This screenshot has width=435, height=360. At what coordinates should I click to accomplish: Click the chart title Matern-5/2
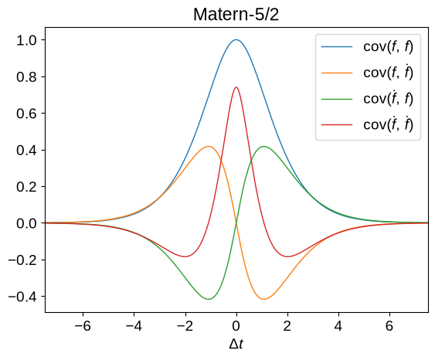236,15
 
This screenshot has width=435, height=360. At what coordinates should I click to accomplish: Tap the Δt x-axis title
236,344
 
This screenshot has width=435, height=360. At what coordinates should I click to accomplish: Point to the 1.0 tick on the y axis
26,40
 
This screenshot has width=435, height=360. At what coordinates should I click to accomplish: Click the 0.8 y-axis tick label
26,76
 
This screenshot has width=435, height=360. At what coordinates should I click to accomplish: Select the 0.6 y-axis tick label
26,114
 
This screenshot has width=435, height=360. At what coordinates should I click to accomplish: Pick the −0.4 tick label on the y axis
22,297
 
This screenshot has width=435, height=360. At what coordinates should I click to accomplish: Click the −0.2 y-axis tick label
22,260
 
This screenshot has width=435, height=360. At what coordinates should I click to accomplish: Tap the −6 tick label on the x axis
83,326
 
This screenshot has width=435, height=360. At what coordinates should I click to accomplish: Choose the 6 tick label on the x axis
389,326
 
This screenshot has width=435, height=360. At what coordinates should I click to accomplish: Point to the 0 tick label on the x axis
236,326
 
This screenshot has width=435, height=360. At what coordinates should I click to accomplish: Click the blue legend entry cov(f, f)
388,46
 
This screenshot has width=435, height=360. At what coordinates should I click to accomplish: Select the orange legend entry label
388,73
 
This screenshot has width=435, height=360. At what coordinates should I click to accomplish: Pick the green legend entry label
388,98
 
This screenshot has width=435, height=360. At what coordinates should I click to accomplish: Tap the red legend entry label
388,124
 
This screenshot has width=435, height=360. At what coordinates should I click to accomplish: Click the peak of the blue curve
236,39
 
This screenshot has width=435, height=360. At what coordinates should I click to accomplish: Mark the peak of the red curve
236,87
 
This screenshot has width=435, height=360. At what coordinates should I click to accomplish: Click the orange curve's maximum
209,146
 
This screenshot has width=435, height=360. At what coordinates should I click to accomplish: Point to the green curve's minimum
209,299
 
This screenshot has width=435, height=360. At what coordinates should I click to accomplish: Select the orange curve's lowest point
263,299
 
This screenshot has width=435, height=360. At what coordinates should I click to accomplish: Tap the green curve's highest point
263,146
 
